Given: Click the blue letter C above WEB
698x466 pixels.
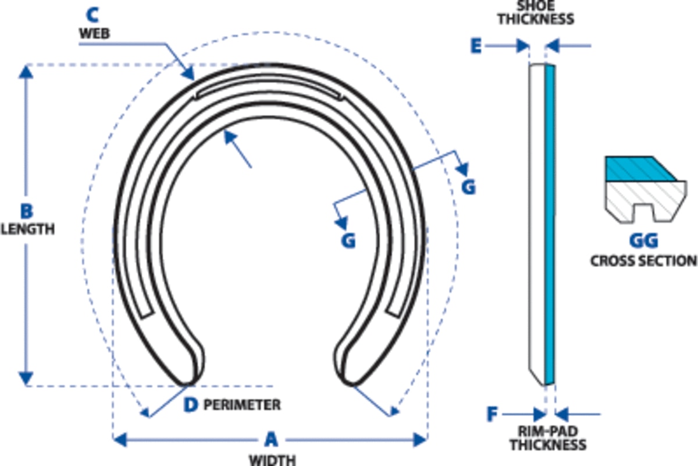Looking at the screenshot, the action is point(92,15).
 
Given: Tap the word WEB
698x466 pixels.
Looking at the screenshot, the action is point(95,34).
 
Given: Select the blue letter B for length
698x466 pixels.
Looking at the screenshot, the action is point(27,211).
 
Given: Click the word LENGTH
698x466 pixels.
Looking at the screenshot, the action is point(28,230).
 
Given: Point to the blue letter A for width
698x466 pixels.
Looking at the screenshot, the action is point(271,440).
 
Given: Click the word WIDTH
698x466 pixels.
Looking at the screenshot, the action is point(272,460).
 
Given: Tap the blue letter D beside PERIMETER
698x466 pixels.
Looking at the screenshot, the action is point(191,405).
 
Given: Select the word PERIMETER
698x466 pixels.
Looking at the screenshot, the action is point(242,405).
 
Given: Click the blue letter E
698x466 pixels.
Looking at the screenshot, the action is point(476,46).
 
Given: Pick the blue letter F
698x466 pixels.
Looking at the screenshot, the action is point(492,414).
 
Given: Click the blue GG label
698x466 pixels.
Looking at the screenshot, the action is point(643,241).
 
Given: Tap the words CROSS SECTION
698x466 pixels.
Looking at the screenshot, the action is point(644,261).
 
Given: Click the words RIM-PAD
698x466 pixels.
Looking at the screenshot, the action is point(548,432).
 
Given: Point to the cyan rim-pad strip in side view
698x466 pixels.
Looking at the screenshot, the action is point(550,225).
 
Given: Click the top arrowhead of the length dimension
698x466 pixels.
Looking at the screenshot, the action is point(26,72).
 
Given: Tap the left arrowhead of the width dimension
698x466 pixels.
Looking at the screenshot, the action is point(120,440).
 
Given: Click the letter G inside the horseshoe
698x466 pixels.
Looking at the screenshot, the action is point(348,241).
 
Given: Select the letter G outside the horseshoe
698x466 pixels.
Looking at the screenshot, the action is point(469,188).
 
